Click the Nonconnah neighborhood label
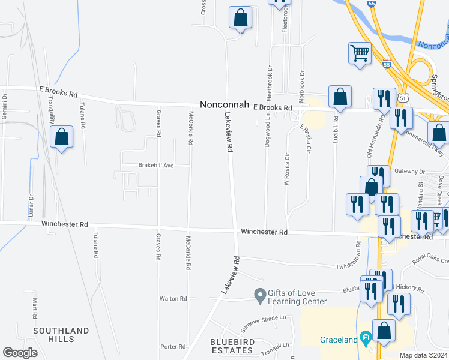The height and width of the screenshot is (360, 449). click(225, 104)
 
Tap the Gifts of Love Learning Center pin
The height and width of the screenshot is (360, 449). click(259, 295)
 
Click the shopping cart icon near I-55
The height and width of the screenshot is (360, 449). click(359, 53)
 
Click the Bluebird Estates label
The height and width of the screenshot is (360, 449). click(232, 346)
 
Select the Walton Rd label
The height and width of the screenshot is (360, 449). click(173, 298)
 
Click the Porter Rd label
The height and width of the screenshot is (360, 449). click(173, 347)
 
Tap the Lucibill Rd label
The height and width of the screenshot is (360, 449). click(336, 128)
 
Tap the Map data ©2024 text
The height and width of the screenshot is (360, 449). click(423, 355)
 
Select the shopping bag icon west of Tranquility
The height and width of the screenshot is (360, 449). click(61, 137)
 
